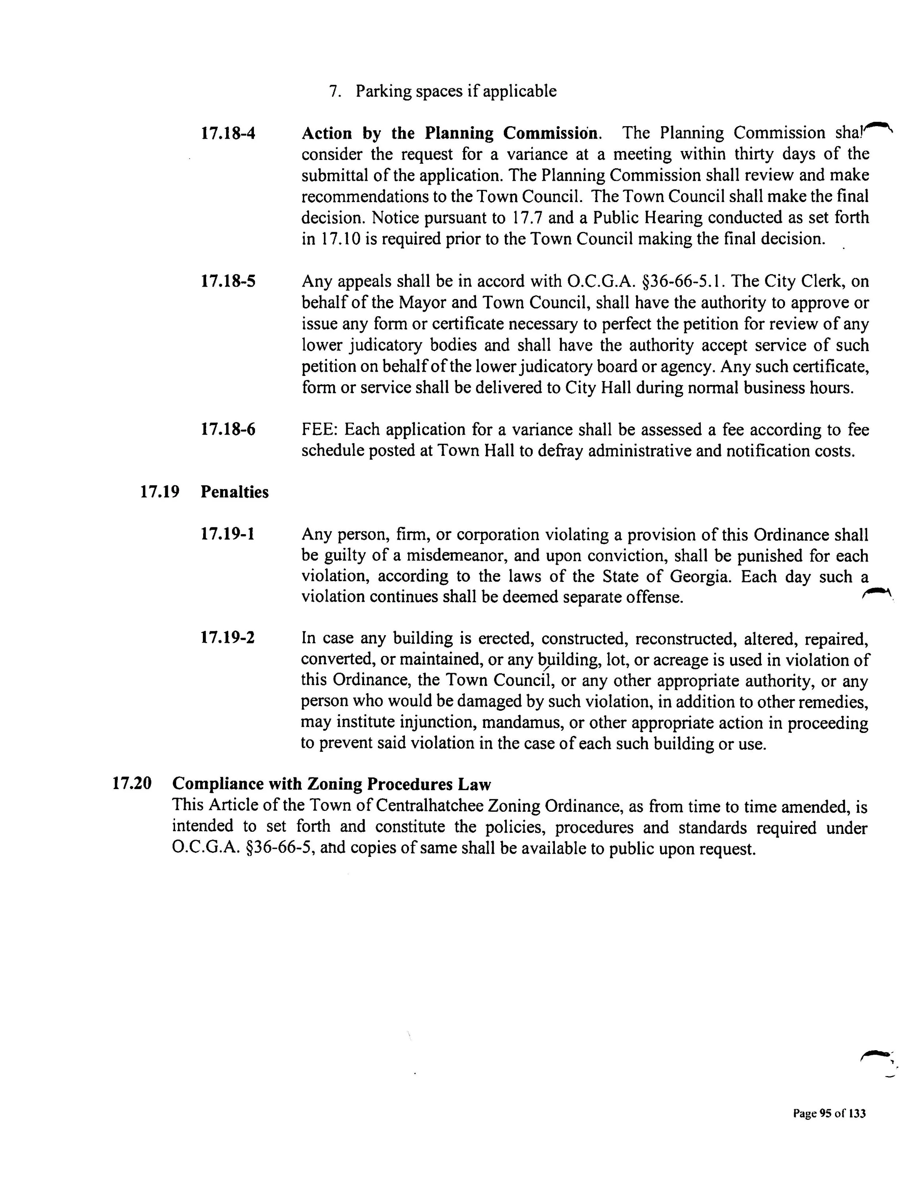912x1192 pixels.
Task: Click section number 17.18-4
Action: tap(228, 133)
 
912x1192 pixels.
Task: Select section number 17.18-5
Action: tap(228, 282)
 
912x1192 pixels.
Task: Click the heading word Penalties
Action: tap(235, 492)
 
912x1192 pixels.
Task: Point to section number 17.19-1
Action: tap(228, 535)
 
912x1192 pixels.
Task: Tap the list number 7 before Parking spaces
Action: tap(335, 92)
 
